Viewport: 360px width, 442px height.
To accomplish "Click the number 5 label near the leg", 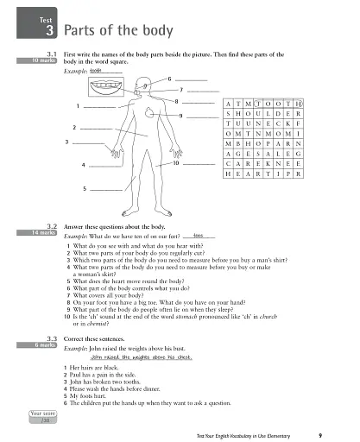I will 85,187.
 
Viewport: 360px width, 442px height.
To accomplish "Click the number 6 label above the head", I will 169,79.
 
